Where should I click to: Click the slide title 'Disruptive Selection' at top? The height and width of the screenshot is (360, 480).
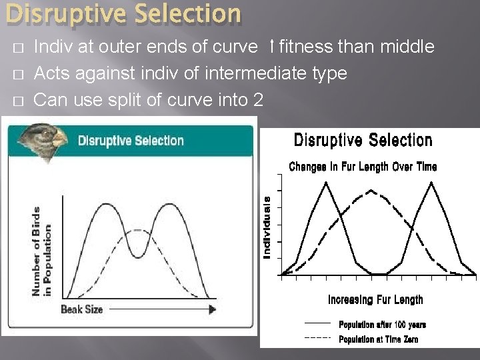[x=121, y=14]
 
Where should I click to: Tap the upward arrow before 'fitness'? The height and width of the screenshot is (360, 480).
[x=272, y=47]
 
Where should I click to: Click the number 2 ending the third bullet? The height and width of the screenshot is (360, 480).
[x=258, y=99]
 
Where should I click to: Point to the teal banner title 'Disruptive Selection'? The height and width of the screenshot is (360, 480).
[x=131, y=141]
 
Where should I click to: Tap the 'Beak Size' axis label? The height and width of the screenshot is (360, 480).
[x=81, y=309]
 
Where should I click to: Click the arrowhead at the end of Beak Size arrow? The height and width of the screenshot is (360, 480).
[x=213, y=309]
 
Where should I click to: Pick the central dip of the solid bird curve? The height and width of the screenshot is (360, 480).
[x=137, y=255]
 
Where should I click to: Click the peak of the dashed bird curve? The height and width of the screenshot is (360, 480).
[x=137, y=231]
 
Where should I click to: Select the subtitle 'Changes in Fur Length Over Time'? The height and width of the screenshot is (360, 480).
[x=363, y=167]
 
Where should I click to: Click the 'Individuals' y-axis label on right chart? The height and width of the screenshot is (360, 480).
[x=267, y=227]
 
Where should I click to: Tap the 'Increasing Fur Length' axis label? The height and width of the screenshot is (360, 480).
[x=375, y=300]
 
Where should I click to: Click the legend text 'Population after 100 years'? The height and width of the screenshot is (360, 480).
[x=382, y=325]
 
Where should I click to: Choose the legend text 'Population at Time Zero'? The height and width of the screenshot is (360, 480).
[x=379, y=339]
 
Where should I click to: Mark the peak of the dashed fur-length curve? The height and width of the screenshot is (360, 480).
[x=370, y=191]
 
